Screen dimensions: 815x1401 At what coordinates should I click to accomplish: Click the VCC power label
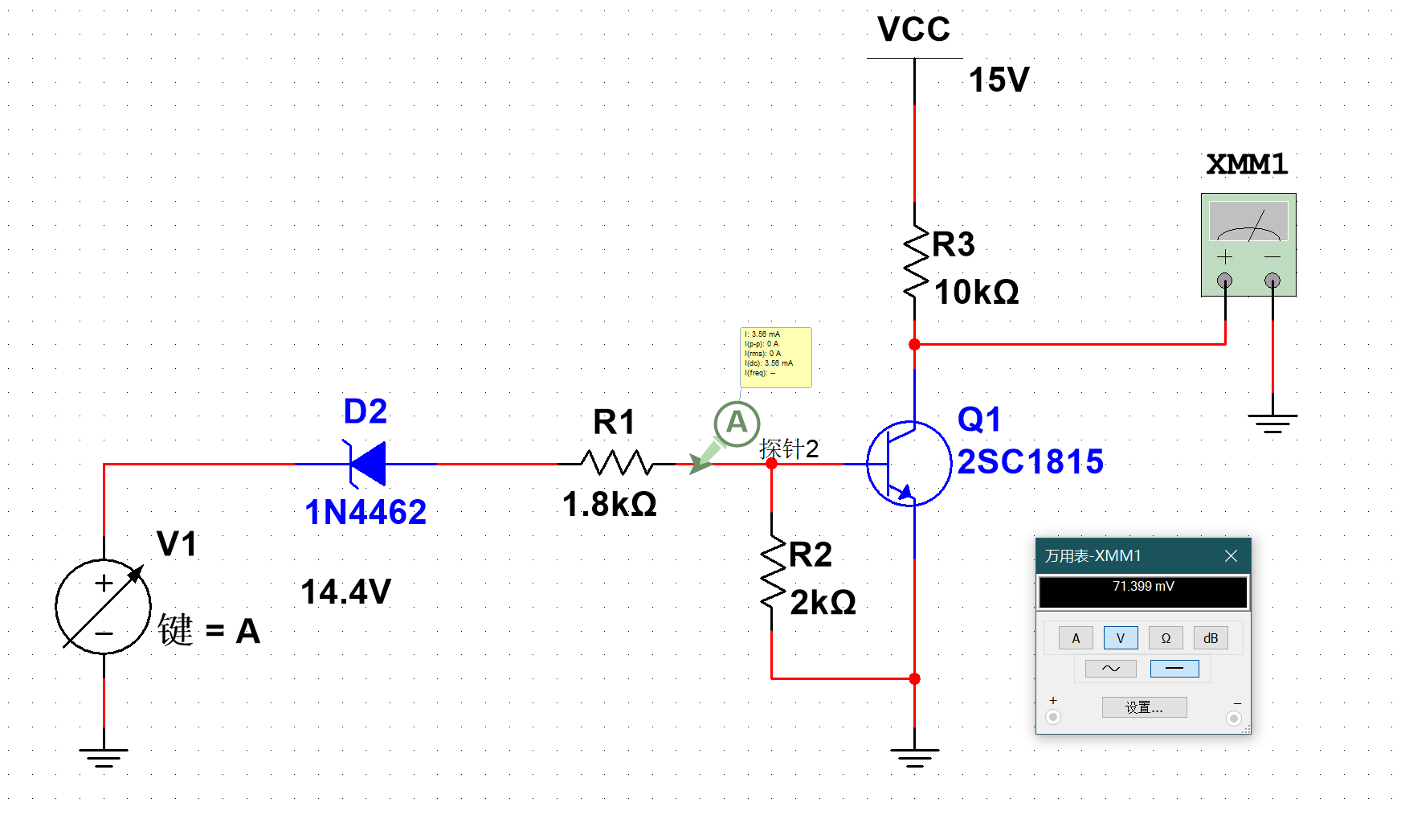(x=913, y=30)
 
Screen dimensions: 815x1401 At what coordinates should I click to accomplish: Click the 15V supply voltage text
(x=999, y=80)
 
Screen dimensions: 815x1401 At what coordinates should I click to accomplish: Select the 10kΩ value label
(x=976, y=292)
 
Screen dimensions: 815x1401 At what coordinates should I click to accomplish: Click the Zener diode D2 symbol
(x=368, y=464)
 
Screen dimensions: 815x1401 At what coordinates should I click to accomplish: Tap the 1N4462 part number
(x=366, y=512)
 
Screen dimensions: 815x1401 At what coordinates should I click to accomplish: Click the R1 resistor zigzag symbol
(x=617, y=463)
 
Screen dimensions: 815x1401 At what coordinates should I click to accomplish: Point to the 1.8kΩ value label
(x=609, y=504)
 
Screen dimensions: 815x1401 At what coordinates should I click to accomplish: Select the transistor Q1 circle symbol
(x=909, y=464)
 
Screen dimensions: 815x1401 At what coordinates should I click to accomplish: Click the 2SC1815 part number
(x=1030, y=461)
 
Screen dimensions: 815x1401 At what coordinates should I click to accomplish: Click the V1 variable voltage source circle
(x=104, y=607)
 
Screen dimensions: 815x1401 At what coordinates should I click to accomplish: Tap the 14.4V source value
(x=345, y=592)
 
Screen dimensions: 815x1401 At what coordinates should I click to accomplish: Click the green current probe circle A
(x=737, y=423)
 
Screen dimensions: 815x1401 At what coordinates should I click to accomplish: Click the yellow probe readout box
(x=775, y=357)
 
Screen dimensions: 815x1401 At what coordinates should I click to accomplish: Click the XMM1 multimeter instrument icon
(x=1248, y=244)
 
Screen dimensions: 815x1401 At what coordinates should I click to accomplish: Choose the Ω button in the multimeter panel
(x=1166, y=638)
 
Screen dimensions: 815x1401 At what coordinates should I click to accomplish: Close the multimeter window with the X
(x=1231, y=555)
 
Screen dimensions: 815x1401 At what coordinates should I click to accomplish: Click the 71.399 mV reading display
(x=1142, y=592)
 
